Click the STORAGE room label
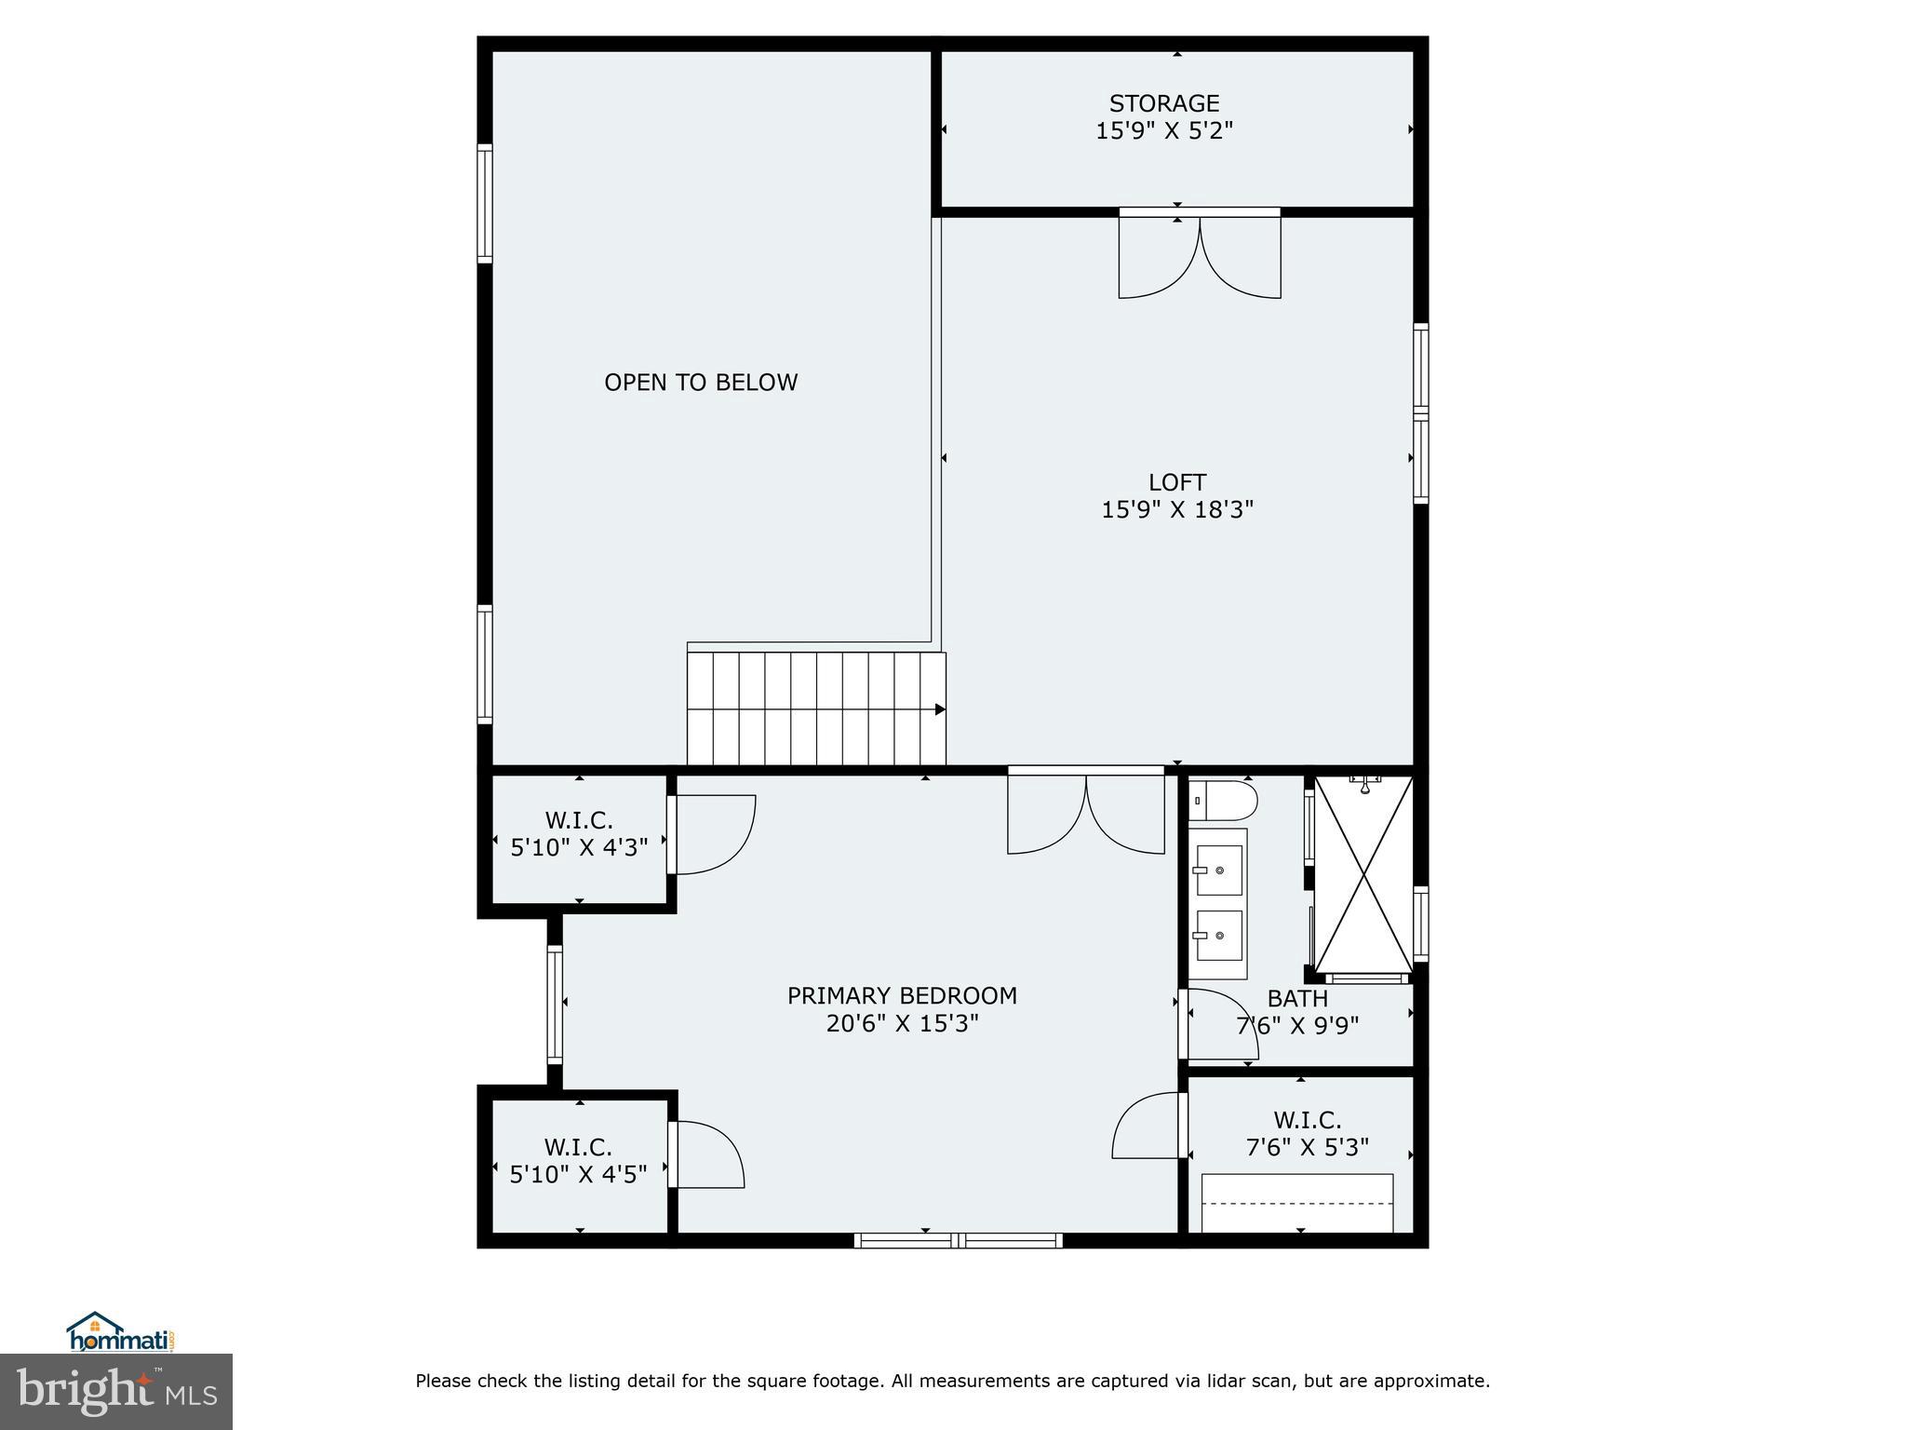tap(1163, 102)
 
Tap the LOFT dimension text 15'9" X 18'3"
tap(1177, 509)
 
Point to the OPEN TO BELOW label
tap(701, 383)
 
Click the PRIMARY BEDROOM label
tap(902, 995)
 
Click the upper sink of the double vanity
tap(1218, 870)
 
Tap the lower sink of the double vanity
tap(1218, 935)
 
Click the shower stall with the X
tap(1363, 875)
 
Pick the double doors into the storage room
tap(1199, 255)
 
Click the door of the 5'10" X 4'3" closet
tap(712, 835)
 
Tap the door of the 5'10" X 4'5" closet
tap(705, 1154)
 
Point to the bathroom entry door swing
tap(1221, 1024)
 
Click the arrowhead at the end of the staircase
tap(940, 709)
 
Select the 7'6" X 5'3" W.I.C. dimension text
tap(1307, 1147)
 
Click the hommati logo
tap(120, 1333)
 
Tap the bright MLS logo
tap(116, 1391)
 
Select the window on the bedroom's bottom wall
tap(958, 1239)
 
